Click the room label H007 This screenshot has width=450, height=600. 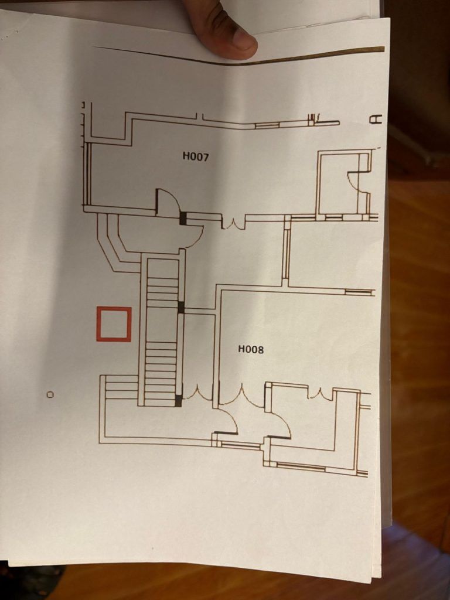[196, 156]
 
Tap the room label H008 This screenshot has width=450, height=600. [251, 350]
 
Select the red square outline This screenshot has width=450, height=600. [114, 324]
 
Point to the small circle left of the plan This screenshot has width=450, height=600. [50, 394]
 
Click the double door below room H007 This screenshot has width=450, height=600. [233, 223]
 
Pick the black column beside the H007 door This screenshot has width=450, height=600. [183, 219]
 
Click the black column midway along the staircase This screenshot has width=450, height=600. [181, 307]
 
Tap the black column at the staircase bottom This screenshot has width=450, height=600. [179, 401]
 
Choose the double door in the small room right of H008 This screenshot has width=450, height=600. [321, 394]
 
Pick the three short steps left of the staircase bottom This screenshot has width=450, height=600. [121, 387]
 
